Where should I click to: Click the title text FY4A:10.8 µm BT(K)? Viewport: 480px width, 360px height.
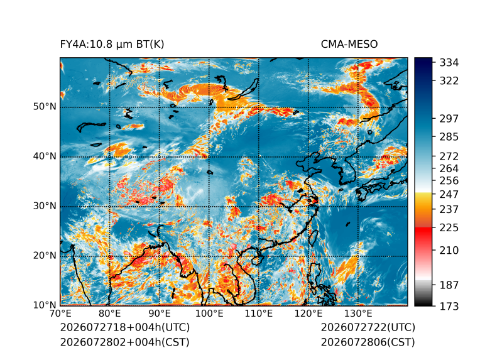pyautogui.click(x=112, y=45)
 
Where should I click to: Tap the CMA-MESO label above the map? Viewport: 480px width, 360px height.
pyautogui.click(x=349, y=45)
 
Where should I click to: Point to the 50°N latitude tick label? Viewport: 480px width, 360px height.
pyautogui.click(x=45, y=107)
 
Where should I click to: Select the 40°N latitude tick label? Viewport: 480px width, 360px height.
pyautogui.click(x=45, y=156)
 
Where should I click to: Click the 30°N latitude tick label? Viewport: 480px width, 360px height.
pyautogui.click(x=45, y=205)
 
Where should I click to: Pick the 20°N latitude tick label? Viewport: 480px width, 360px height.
pyautogui.click(x=45, y=255)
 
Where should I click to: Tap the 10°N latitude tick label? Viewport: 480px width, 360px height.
pyautogui.click(x=45, y=305)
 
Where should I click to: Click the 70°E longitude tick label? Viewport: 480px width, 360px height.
pyautogui.click(x=60, y=314)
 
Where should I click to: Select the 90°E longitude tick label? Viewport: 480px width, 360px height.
pyautogui.click(x=160, y=314)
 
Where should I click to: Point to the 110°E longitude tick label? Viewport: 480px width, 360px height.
pyautogui.click(x=259, y=314)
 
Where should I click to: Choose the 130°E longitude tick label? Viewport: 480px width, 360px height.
pyautogui.click(x=358, y=314)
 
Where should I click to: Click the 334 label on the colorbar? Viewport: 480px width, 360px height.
pyautogui.click(x=449, y=63)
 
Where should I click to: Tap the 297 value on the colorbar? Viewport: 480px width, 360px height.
pyautogui.click(x=449, y=119)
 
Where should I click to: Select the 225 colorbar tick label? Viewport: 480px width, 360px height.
pyautogui.click(x=449, y=228)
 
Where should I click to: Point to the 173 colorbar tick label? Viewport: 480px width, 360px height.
pyautogui.click(x=449, y=306)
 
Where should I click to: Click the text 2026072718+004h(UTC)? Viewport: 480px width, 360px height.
pyautogui.click(x=125, y=327)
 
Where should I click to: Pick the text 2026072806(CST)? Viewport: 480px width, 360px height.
pyautogui.click(x=368, y=342)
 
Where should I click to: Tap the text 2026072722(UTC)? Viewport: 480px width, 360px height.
pyautogui.click(x=368, y=327)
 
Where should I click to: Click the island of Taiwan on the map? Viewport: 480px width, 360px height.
pyautogui.click(x=313, y=238)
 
